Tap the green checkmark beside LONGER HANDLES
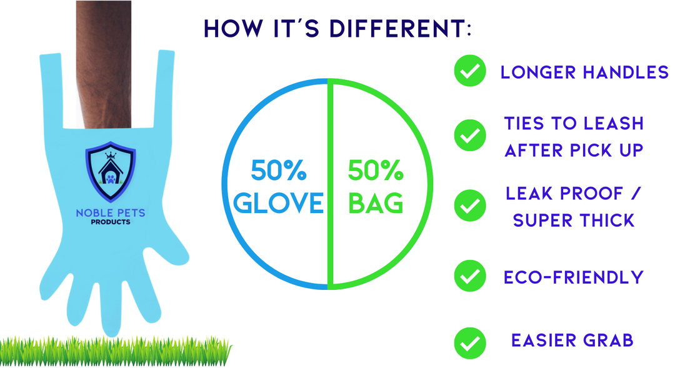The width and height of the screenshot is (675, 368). click(x=469, y=71)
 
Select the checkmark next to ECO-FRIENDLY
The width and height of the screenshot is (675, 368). click(x=469, y=276)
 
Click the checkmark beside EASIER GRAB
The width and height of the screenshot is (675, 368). click(x=469, y=343)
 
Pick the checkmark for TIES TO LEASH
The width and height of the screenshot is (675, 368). click(x=469, y=136)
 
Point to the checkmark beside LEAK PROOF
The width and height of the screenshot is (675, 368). click(x=469, y=206)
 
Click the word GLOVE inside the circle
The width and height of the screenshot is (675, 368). click(x=278, y=203)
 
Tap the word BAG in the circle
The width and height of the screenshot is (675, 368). click(x=376, y=203)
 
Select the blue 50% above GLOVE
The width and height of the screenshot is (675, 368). click(x=279, y=171)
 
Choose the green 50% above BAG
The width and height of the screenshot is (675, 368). click(x=376, y=171)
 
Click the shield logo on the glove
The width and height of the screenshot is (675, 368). click(x=111, y=172)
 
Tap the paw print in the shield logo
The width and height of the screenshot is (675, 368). click(x=111, y=178)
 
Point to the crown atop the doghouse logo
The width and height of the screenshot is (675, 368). click(x=111, y=155)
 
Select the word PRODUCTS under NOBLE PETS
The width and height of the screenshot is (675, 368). click(x=110, y=222)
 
